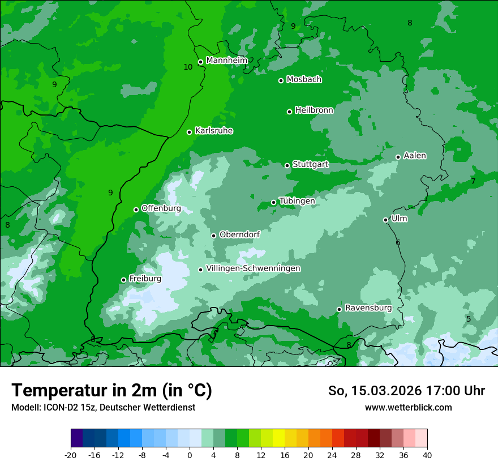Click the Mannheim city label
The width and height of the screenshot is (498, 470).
click(227, 61)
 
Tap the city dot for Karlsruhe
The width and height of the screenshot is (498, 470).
click(190, 133)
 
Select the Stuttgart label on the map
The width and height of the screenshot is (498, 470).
click(311, 165)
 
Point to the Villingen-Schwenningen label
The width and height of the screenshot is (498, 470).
click(254, 268)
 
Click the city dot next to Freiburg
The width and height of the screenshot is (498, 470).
click(124, 280)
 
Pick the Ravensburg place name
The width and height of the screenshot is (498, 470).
click(368, 308)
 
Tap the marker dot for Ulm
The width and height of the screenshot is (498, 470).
click(386, 220)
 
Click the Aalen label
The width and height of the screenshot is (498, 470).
click(415, 156)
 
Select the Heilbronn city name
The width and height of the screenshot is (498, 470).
click(314, 110)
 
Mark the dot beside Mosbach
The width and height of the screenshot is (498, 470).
click(281, 80)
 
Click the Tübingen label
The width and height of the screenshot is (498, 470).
click(297, 201)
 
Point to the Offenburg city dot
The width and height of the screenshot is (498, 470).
click(136, 210)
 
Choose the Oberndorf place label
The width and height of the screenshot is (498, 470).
click(239, 234)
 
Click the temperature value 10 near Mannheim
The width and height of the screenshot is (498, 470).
click(188, 67)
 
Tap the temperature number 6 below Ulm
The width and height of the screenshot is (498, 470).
click(398, 242)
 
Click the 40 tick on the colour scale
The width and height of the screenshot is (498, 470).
click(427, 455)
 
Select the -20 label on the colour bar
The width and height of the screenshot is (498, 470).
click(71, 455)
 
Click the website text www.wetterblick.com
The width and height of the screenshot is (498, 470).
click(408, 407)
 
